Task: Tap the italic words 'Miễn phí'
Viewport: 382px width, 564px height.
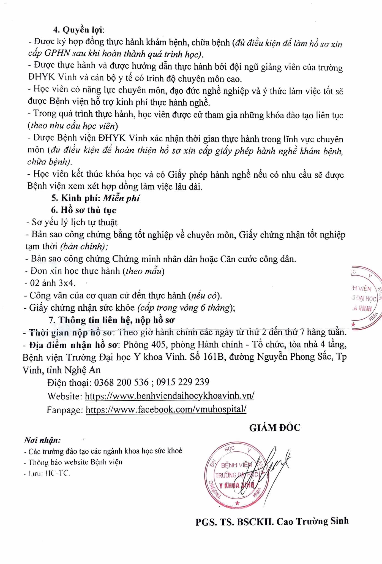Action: coord(121,198)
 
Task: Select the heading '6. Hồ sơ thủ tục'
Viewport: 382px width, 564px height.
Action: coord(84,210)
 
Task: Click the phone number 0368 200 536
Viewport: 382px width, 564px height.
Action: coord(121,382)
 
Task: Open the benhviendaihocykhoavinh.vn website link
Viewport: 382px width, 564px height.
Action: coord(170,396)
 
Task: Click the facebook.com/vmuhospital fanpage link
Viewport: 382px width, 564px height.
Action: coord(166,409)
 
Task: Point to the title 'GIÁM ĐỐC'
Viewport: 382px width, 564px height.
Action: coord(275,428)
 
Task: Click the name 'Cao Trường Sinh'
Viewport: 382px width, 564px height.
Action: coord(313,521)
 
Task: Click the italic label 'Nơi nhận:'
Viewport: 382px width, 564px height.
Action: coord(42,440)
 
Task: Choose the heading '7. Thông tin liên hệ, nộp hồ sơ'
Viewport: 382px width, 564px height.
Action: coord(111,320)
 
